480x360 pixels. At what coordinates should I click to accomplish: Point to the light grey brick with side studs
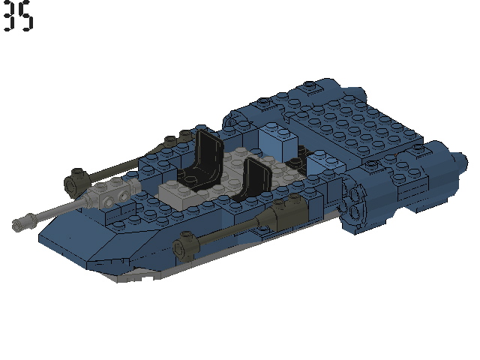click(x=112, y=197)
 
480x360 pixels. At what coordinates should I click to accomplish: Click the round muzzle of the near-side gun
click(x=181, y=245)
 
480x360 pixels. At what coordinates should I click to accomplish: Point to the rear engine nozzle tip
click(x=454, y=162)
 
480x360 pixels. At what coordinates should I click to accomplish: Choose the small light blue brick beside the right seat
click(x=319, y=162)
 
